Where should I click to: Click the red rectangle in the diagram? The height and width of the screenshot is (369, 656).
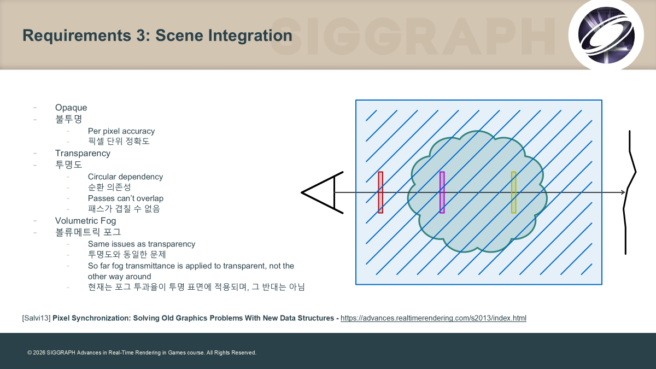pyautogui.click(x=380, y=192)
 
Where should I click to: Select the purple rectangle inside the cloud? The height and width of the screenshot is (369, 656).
pyautogui.click(x=442, y=192)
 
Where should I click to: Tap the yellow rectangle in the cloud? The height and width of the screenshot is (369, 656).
pyautogui.click(x=513, y=192)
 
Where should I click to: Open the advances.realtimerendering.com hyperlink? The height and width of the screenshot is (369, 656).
pyautogui.click(x=434, y=318)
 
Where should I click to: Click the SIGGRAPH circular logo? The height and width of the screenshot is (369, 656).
pyautogui.click(x=606, y=35)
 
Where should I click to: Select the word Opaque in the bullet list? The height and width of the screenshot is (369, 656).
pyautogui.click(x=71, y=108)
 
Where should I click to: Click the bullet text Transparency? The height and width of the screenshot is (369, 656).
pyautogui.click(x=83, y=153)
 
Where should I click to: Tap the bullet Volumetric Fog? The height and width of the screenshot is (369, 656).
pyautogui.click(x=85, y=221)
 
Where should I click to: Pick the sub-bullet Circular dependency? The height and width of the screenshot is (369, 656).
pyautogui.click(x=125, y=177)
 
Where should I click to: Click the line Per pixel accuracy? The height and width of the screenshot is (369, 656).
pyautogui.click(x=121, y=131)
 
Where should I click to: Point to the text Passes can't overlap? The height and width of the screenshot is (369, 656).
pyautogui.click(x=126, y=198)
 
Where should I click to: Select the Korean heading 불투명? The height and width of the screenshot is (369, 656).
pyautogui.click(x=68, y=119)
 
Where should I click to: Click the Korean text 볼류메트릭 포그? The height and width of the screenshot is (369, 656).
pyautogui.click(x=88, y=232)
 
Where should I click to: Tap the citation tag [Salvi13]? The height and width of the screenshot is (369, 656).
pyautogui.click(x=36, y=318)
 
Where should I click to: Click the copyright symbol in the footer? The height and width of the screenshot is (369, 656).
pyautogui.click(x=30, y=353)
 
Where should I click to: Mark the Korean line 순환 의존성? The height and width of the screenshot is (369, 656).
pyautogui.click(x=109, y=187)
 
